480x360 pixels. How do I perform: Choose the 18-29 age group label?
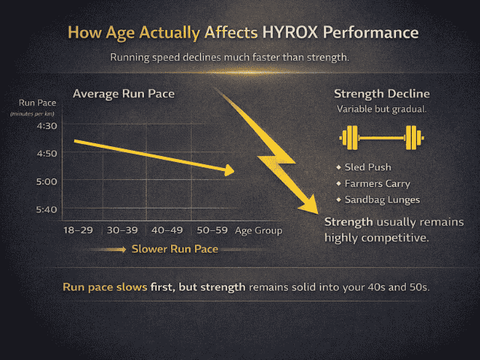pos(78,230)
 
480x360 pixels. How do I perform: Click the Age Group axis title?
pos(258,230)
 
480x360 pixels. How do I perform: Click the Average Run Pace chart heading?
pos(124,94)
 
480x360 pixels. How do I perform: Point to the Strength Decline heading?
pos(381,94)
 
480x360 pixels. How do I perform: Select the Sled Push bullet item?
pos(368,167)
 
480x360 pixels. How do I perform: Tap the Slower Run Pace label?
pos(174,249)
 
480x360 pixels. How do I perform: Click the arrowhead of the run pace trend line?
pos(229,171)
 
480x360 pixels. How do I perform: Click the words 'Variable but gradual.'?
pos(381,109)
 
